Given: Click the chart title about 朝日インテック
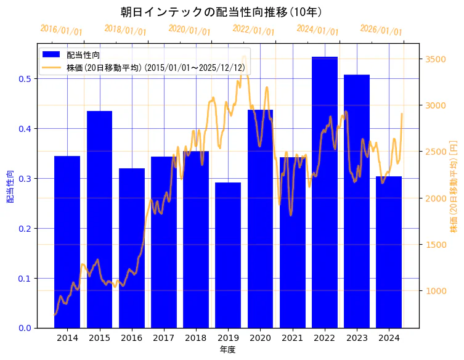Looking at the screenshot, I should (x=221, y=12).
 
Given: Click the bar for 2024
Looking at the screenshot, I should (x=389, y=252).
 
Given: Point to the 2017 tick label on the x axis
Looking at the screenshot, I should (x=163, y=338).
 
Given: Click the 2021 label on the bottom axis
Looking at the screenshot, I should (x=292, y=338).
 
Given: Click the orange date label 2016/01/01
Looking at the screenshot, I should (x=61, y=30).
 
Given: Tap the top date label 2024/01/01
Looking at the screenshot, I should (x=317, y=30).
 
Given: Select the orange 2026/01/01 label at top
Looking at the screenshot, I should (x=381, y=30).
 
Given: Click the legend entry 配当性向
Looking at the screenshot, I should (x=83, y=55).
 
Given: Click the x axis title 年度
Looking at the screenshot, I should (x=227, y=350).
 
